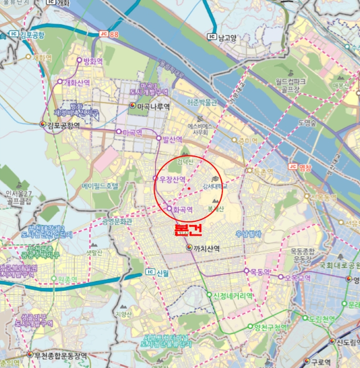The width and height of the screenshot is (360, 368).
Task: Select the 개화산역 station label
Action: point(77,83)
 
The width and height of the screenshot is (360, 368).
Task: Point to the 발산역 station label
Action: point(172,139)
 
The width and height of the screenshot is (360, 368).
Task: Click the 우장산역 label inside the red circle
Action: point(172,179)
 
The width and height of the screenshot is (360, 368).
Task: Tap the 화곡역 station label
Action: point(182,209)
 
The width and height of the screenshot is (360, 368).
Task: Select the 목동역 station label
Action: point(260,272)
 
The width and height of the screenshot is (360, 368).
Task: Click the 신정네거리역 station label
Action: point(233,295)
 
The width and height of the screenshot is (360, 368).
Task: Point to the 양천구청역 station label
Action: point(270,328)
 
